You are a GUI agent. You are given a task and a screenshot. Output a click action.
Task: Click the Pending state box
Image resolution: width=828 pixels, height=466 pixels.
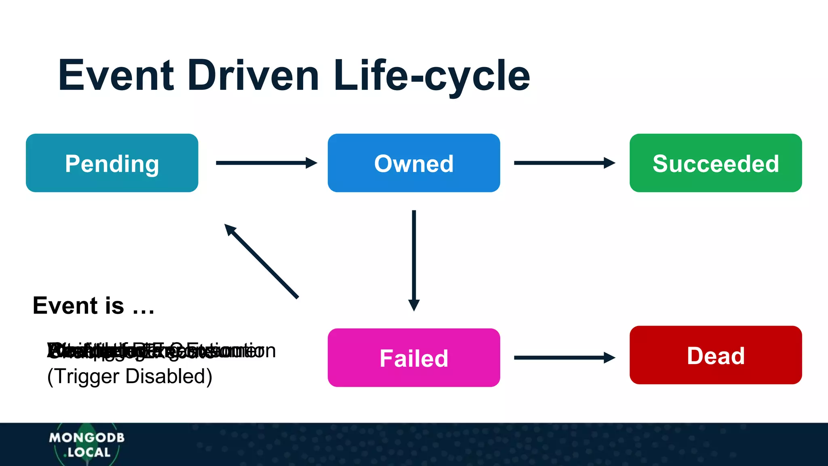click(x=112, y=163)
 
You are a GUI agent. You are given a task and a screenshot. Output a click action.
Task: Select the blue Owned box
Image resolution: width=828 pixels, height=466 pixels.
click(x=414, y=163)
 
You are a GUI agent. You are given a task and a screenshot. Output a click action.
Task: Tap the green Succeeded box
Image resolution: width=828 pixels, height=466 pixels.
click(x=716, y=163)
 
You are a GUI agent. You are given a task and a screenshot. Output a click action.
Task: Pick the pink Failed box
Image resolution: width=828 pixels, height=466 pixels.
click(x=414, y=358)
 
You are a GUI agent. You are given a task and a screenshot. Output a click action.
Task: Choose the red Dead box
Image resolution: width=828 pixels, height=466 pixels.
click(x=716, y=355)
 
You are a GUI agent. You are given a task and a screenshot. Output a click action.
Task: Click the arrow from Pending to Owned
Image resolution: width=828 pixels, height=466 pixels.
click(x=265, y=163)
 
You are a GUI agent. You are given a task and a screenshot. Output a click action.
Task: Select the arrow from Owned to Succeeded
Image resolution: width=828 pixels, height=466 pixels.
click(x=562, y=163)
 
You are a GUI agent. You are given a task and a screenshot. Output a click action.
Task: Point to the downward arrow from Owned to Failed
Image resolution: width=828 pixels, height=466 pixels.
click(x=414, y=259)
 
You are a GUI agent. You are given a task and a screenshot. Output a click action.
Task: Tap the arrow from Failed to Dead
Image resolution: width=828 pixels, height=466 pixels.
click(x=562, y=358)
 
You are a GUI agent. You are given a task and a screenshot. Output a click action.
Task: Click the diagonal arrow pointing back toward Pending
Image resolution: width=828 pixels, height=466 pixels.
click(x=262, y=262)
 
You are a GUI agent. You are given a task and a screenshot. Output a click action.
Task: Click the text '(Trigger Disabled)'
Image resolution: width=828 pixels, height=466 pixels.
click(x=129, y=376)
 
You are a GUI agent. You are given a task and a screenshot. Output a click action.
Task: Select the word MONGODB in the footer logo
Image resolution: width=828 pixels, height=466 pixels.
click(x=87, y=438)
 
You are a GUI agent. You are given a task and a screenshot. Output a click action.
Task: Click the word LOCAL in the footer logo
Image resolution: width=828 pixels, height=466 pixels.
click(x=89, y=452)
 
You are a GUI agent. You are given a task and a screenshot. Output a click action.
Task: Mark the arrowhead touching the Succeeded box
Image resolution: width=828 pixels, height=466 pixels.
click(x=610, y=163)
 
